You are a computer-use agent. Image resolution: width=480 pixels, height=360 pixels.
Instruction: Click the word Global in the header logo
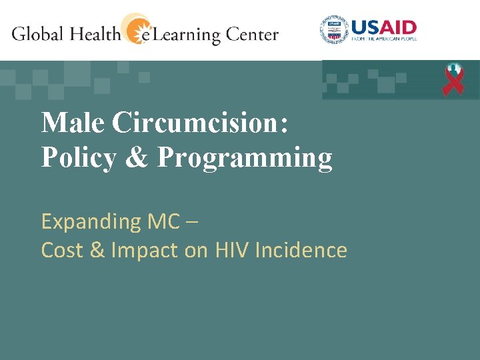pos(37,33)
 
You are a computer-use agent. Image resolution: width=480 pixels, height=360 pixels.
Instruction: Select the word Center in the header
pos(252,34)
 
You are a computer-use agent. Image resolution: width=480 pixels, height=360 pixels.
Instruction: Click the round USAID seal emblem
pos(334,29)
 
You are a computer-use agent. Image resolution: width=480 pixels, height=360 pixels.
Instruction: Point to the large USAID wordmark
pos(384,27)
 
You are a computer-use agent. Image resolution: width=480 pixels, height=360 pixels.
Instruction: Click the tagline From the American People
pos(384,39)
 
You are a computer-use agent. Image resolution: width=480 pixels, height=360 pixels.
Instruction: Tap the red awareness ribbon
pos(453,79)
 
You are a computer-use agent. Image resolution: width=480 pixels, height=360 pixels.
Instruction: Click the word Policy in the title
pos(79,157)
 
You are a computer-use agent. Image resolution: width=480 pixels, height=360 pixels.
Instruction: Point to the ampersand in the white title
pos(137,157)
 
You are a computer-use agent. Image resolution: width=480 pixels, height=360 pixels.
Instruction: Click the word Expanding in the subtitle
pos(91,222)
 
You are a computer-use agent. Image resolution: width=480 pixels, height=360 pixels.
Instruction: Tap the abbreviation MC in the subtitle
pos(164,221)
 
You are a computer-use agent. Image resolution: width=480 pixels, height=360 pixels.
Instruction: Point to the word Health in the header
pos(95,33)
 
